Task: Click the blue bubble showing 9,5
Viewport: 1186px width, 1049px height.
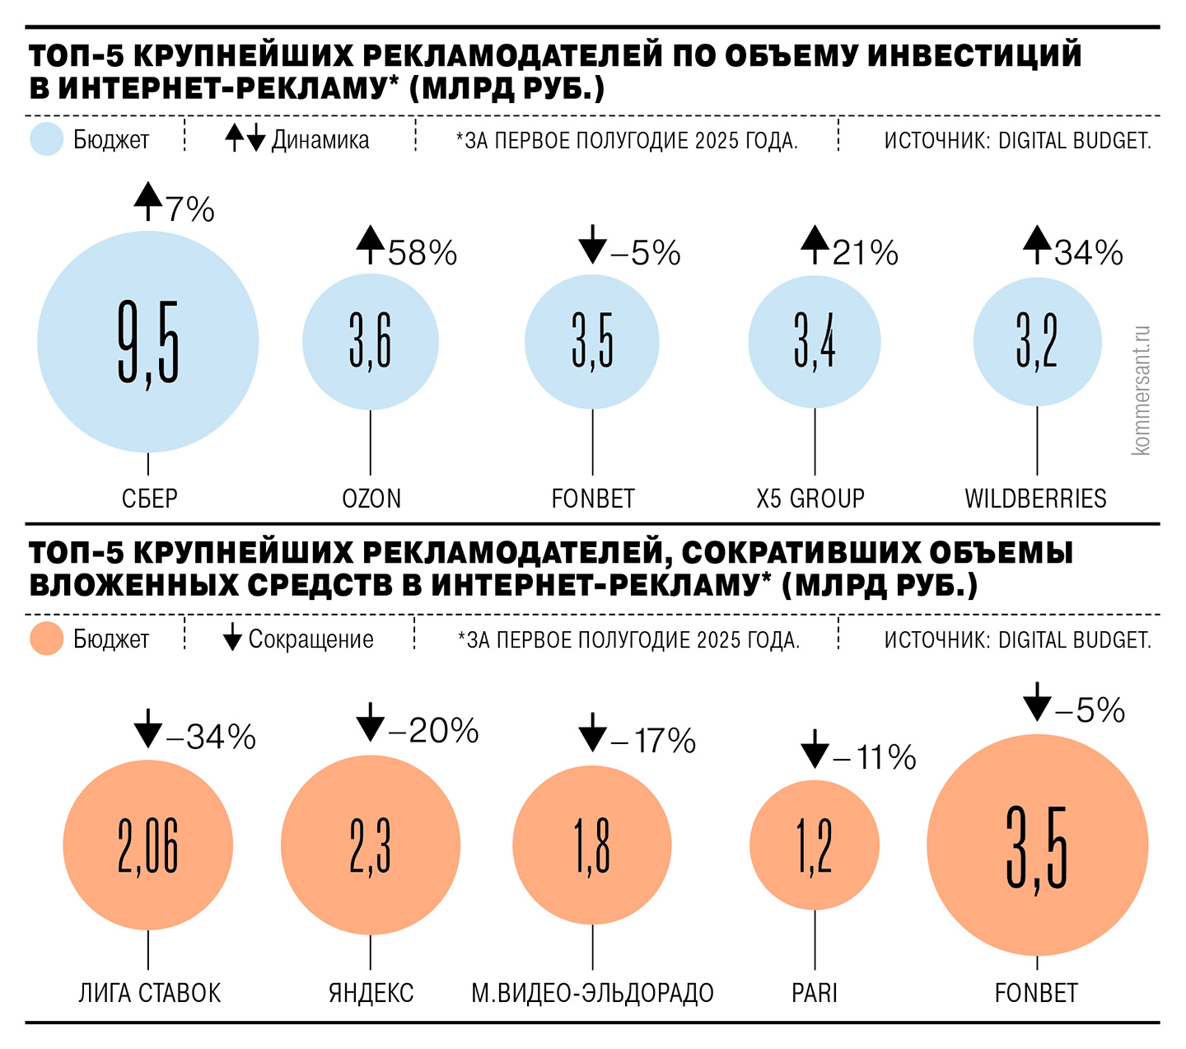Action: tap(148, 341)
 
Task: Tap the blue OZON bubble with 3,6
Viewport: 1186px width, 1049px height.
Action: tap(371, 341)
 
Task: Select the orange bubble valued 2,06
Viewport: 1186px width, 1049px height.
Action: tap(148, 845)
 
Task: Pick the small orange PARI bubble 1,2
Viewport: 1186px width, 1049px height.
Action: tap(815, 845)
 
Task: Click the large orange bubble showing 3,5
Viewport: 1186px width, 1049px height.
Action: tap(1037, 845)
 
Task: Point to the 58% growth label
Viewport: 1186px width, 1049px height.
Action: tap(423, 253)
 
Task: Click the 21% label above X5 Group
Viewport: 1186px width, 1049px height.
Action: tap(865, 253)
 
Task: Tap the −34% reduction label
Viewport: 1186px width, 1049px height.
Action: tap(212, 737)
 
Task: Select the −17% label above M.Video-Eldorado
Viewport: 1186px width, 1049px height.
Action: tap(653, 741)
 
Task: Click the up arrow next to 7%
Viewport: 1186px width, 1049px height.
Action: tap(148, 200)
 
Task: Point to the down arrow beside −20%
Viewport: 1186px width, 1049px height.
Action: tap(371, 723)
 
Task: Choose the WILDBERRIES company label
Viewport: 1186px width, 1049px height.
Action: tap(1035, 499)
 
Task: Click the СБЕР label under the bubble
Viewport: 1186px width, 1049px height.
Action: tap(149, 499)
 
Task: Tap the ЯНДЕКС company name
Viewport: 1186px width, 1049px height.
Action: tap(371, 993)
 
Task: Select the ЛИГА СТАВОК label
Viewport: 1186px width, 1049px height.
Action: tap(149, 993)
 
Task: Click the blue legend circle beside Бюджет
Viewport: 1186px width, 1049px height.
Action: tap(47, 139)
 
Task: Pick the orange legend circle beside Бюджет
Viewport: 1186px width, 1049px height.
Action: tap(47, 639)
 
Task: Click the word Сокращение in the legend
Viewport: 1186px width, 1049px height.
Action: tap(311, 639)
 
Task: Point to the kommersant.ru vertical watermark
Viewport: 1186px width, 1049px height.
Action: tap(1141, 391)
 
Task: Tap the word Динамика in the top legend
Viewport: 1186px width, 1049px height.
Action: tap(320, 140)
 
